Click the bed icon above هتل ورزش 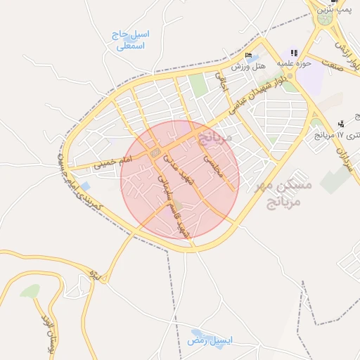pos(247,56)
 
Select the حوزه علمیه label pos(293,63)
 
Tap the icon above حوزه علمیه pos(293,53)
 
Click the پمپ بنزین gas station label pos(333,9)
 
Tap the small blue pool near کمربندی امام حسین pos(85,186)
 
